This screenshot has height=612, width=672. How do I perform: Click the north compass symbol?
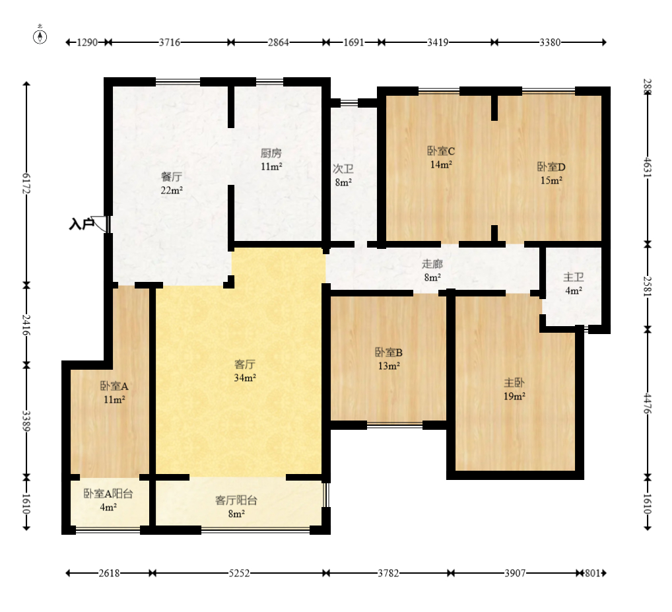coord(40,36)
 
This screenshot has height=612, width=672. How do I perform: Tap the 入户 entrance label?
coord(81,224)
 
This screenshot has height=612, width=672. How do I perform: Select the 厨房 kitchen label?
coord(271,153)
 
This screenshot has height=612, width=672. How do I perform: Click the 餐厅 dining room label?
coord(172,176)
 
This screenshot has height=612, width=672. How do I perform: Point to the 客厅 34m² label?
coord(245,371)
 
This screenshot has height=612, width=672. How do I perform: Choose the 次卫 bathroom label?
coord(343,169)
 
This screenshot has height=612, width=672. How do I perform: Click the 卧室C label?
coord(441,151)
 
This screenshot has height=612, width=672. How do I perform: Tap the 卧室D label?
coord(552,167)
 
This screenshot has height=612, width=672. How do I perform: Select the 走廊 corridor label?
coord(432,263)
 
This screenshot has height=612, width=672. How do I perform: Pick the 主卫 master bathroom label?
coord(574,277)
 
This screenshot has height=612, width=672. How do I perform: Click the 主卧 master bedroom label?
coord(514,383)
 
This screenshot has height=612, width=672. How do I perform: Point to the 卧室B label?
coord(389,353)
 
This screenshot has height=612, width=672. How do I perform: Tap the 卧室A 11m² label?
coord(114,393)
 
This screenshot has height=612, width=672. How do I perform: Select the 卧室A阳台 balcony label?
coord(108,494)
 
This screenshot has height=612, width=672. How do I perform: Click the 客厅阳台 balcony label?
coord(236,500)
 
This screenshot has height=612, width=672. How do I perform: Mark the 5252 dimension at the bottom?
coord(239,573)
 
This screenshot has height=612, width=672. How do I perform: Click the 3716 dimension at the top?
coord(170,42)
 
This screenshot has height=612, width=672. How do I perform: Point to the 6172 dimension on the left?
coord(26,184)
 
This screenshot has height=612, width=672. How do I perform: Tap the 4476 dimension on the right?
coord(648,404)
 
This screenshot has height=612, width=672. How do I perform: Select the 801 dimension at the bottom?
coord(592,573)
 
